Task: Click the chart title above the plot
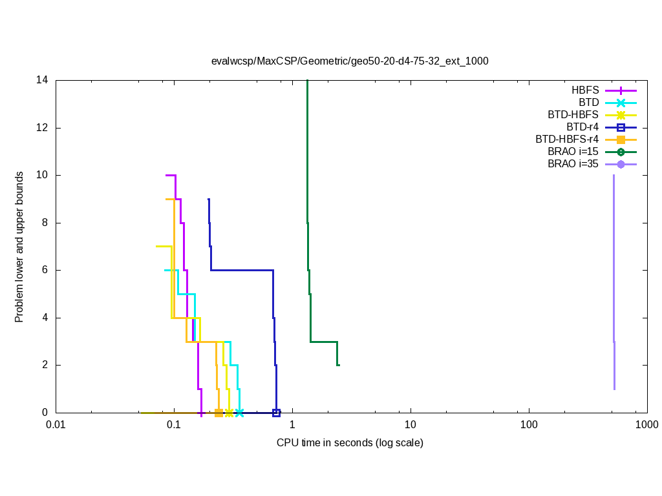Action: (x=350, y=61)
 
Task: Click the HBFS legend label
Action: (x=585, y=90)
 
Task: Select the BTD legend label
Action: (x=588, y=103)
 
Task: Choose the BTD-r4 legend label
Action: (x=582, y=127)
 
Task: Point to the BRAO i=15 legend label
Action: (x=573, y=152)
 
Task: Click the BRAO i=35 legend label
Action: (x=573, y=164)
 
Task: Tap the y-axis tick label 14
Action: (x=43, y=81)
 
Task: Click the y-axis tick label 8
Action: (x=45, y=223)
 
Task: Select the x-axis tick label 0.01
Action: (x=56, y=425)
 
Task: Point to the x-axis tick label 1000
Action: (x=647, y=425)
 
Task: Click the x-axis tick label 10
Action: (x=411, y=425)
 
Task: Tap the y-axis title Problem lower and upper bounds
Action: (x=20, y=247)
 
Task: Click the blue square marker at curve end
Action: (x=276, y=413)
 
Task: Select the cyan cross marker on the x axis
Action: (x=239, y=413)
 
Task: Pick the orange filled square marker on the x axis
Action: (x=219, y=413)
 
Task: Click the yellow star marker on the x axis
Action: (x=229, y=413)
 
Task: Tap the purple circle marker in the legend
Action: (x=621, y=164)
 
